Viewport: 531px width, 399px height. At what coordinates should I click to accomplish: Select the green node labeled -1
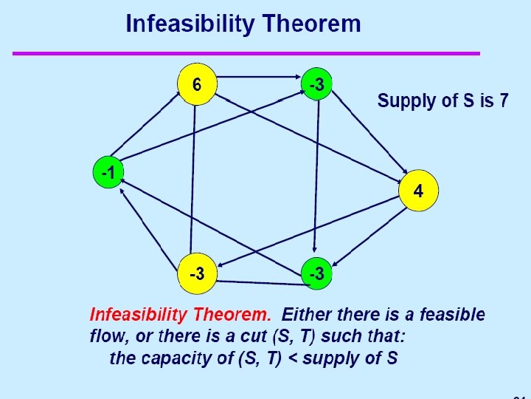click(x=108, y=174)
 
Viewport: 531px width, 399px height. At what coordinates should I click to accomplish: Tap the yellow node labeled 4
click(x=418, y=191)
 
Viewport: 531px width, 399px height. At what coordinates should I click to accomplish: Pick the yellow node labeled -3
click(x=197, y=273)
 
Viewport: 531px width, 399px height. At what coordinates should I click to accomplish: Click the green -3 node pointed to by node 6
click(x=316, y=85)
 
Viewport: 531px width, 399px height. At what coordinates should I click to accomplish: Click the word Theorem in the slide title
click(x=313, y=24)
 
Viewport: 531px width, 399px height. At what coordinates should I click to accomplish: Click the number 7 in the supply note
click(x=503, y=100)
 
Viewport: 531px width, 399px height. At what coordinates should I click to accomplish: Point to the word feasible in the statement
click(x=452, y=315)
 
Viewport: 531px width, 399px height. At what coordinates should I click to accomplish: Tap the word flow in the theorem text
click(x=105, y=337)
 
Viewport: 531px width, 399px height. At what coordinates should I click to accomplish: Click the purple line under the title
click(x=246, y=53)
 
